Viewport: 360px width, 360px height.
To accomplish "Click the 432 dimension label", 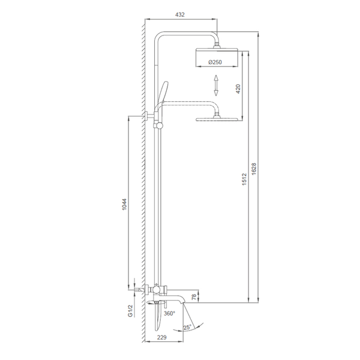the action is coord(180,14).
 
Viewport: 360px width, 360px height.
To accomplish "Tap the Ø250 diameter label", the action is coord(215,62).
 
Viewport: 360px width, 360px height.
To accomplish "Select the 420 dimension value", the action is coord(238,89).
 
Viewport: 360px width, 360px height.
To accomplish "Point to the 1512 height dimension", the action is coord(244,179).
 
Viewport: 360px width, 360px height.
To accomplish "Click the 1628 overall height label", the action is coord(253,169).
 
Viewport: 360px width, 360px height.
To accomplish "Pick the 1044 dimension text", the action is coord(124,205).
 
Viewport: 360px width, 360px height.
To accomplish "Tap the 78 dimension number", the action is coord(194,297).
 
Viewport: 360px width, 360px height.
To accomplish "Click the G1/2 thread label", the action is coord(130,311).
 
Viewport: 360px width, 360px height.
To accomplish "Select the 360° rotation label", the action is coord(169,313).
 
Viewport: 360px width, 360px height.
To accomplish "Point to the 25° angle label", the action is coord(187,328).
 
